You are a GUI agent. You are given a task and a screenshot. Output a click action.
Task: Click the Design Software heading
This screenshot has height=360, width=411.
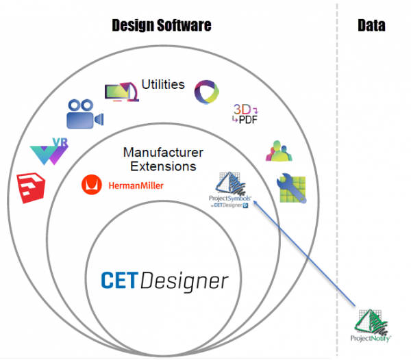coord(162,25)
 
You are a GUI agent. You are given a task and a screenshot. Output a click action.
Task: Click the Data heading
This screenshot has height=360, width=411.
coord(371,25)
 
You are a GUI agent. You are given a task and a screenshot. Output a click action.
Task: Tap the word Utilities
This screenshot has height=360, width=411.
coord(163,85)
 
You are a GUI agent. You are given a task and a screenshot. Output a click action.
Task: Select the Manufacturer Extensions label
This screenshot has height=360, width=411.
coord(163,159)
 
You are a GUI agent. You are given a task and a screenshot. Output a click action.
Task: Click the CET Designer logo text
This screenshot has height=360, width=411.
coord(164,280)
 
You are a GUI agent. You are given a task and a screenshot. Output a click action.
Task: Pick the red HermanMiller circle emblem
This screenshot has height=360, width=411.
coord(89,184)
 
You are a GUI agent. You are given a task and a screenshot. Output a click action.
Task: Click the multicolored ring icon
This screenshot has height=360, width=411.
coord(207,90)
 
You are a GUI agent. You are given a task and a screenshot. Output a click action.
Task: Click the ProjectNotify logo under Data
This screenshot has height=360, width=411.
coord(371,324)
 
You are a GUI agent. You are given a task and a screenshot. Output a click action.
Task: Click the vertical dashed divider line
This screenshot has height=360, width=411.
coord(337,171)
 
